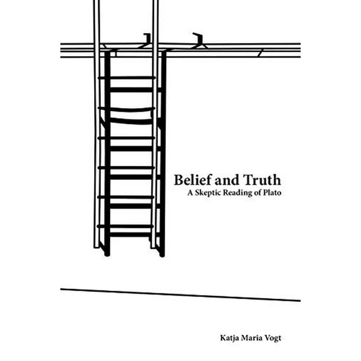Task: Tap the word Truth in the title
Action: pos(262,179)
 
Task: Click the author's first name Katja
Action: pos(229,338)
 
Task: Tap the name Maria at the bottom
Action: pos(250,338)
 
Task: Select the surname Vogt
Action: pos(272,338)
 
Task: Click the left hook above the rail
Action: pos(147,38)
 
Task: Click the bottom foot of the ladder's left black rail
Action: pos(107,254)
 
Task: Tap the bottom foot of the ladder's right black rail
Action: pos(162,254)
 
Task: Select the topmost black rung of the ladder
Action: pos(131,90)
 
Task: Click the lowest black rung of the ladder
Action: pos(130,235)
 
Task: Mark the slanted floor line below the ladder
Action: pos(180,294)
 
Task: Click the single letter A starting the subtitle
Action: pos(190,192)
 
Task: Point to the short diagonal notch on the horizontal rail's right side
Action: pos(261,53)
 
